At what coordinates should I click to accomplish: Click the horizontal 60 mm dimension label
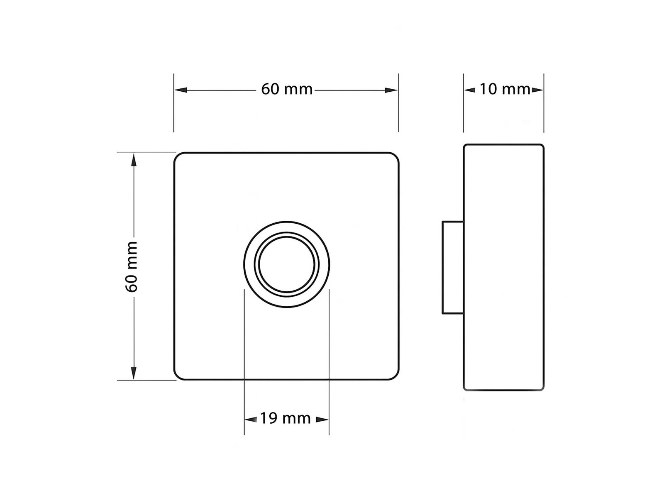click(286, 89)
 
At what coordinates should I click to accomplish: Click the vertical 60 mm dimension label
click(132, 266)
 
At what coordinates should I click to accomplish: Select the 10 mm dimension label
click(505, 89)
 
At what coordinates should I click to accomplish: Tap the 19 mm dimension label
click(286, 418)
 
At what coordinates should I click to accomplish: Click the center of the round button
click(287, 265)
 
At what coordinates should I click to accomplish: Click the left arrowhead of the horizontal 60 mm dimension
click(181, 90)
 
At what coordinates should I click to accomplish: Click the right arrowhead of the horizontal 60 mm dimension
click(391, 90)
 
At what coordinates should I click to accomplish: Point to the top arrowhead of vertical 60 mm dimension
click(134, 160)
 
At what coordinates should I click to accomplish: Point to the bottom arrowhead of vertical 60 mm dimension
click(134, 373)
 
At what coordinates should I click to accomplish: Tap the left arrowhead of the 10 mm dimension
click(469, 90)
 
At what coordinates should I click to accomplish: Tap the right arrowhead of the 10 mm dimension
click(538, 90)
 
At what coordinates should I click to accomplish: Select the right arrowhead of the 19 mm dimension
click(322, 420)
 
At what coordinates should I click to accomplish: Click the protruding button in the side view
click(453, 267)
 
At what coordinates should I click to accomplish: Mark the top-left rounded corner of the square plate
click(177, 156)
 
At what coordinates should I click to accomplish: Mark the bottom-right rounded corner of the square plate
click(395, 376)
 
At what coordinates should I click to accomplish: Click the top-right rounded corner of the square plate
click(395, 156)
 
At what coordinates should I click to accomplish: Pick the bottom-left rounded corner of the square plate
click(177, 376)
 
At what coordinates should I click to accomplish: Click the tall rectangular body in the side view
click(503, 267)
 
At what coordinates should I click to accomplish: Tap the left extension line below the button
click(244, 361)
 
